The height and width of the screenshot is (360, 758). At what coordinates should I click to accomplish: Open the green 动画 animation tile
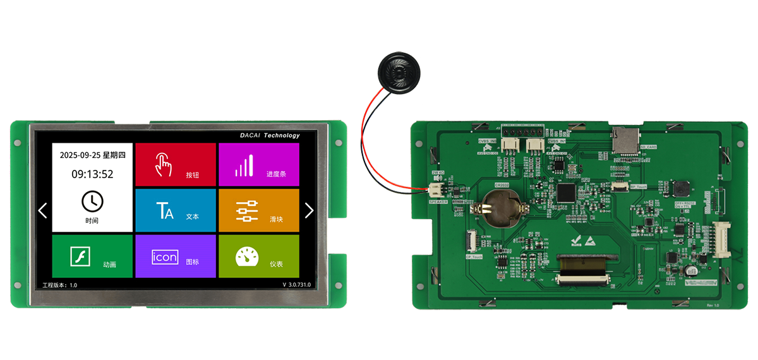pyautogui.click(x=92, y=256)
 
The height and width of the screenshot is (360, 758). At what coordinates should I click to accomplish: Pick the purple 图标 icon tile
pyautogui.click(x=176, y=256)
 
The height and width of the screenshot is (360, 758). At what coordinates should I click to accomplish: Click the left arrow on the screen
pyautogui.click(x=43, y=210)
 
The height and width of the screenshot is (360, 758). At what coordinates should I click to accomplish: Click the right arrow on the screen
pyautogui.click(x=309, y=210)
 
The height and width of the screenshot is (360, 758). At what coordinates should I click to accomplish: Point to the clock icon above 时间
pyautogui.click(x=92, y=201)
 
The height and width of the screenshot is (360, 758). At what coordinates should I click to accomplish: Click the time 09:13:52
pyautogui.click(x=92, y=174)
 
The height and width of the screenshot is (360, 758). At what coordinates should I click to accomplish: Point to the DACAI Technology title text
pyautogui.click(x=270, y=135)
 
